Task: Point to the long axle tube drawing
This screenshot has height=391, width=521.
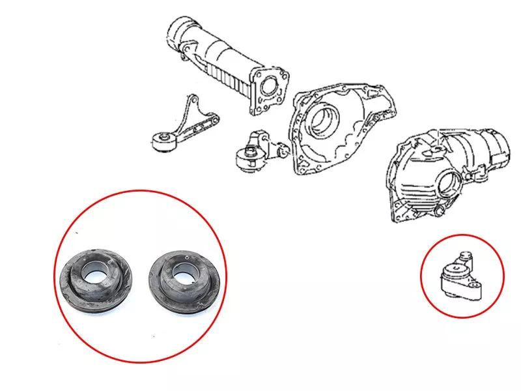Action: [221, 62]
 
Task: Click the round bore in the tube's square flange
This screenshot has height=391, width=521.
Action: [268, 86]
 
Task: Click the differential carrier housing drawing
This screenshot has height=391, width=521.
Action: [443, 173]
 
